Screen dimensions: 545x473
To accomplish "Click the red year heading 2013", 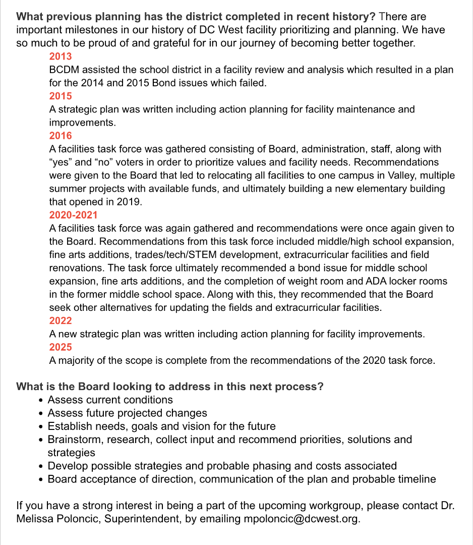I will (x=61, y=57).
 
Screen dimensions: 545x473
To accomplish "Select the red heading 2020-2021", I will (x=74, y=215).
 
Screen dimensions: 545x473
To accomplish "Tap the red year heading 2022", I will (x=61, y=320).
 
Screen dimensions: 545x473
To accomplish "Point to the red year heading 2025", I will (x=61, y=347).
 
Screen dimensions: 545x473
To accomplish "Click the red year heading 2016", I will (x=61, y=136).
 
